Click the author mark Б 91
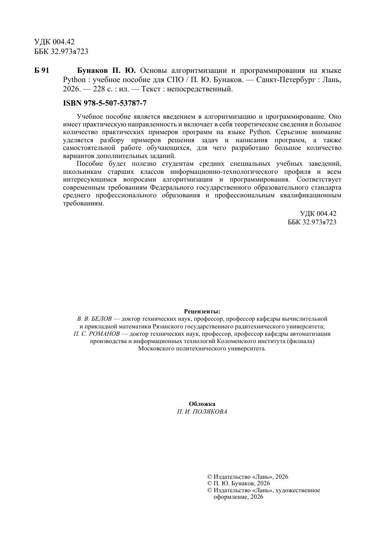[42, 71]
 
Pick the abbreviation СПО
[175, 80]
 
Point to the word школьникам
[82, 172]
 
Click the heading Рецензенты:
[202, 311]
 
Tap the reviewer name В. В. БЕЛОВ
[94, 319]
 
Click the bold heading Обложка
[202, 404]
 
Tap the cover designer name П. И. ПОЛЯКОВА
[202, 412]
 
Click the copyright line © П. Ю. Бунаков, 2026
[238, 483]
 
